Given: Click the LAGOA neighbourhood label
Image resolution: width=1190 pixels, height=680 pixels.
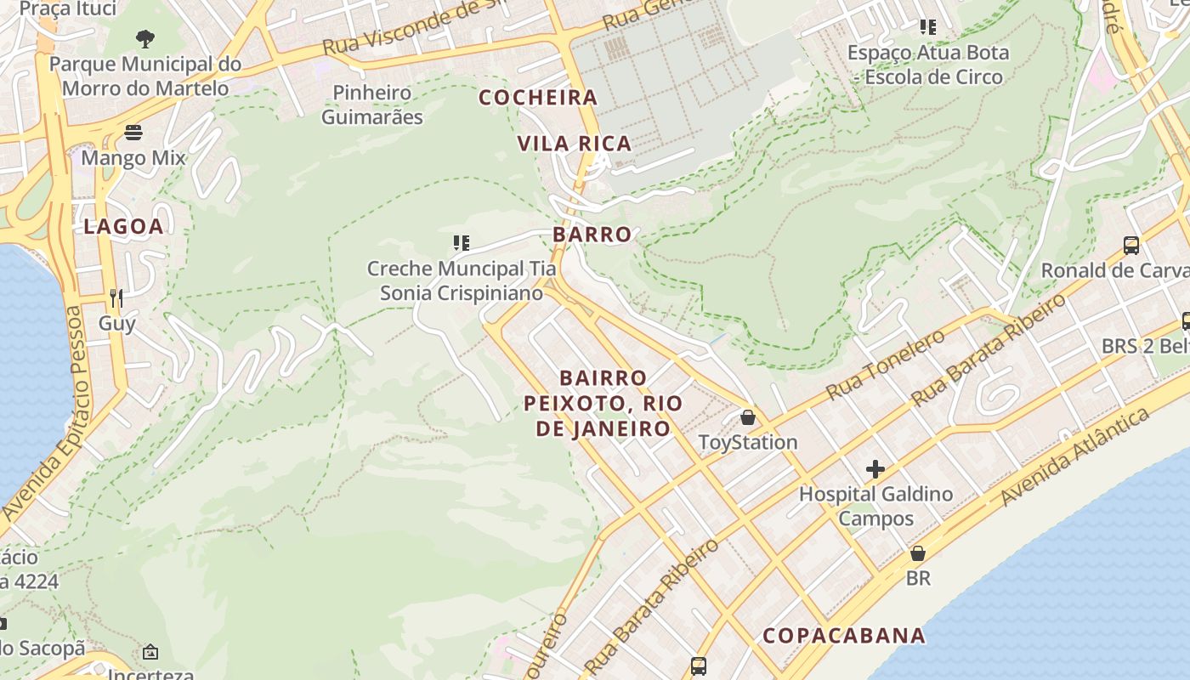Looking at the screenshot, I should click(123, 226).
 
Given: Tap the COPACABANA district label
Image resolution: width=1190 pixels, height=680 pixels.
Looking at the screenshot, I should click(843, 636).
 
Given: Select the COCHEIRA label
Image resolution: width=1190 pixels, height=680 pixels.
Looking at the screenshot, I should click(538, 98).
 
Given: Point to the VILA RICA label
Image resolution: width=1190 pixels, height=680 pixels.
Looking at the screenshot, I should click(575, 144).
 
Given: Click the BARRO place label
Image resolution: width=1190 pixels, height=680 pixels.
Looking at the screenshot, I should click(592, 235).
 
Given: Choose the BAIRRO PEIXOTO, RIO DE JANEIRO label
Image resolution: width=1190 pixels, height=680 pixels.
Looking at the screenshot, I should click(603, 403).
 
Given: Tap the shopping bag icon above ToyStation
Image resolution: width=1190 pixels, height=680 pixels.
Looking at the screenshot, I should click(747, 417).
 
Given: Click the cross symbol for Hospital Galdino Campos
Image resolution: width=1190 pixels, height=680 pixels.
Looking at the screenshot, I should click(875, 469).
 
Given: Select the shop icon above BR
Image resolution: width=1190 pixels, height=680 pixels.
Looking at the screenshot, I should click(917, 554).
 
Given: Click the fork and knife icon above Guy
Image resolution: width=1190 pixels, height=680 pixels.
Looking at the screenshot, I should click(116, 297).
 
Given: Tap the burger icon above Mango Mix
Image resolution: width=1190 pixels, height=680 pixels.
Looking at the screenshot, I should click(133, 133).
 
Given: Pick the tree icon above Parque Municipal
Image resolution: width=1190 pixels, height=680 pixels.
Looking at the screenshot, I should click(145, 38).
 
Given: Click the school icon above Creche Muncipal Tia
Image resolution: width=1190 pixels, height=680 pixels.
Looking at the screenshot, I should click(461, 244).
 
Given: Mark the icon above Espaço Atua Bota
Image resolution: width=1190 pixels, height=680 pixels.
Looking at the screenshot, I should click(927, 27).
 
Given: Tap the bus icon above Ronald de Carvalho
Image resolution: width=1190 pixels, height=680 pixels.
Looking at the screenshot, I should click(1130, 246).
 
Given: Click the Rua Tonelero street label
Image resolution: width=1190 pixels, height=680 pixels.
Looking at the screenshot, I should click(885, 365).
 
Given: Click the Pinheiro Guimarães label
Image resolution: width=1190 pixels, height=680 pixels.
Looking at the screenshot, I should click(371, 105).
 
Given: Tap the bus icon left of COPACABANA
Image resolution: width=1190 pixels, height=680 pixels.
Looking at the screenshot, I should click(698, 666).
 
